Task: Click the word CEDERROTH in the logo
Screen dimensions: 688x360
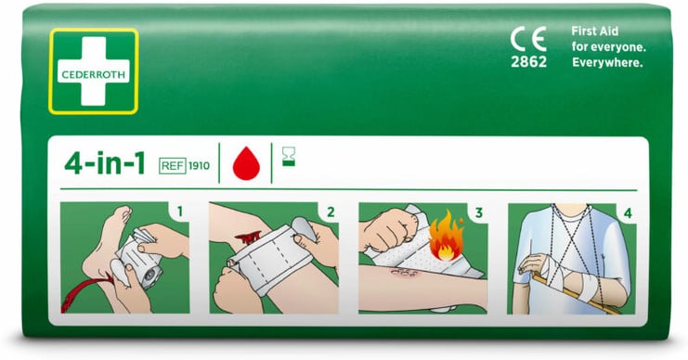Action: click(x=94, y=74)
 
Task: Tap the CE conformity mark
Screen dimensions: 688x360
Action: click(x=528, y=39)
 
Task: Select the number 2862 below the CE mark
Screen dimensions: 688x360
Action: click(x=528, y=62)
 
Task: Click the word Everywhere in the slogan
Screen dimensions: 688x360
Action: click(x=607, y=63)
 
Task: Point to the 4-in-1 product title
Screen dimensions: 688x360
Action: click(x=104, y=164)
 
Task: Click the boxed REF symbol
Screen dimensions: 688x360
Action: click(x=173, y=166)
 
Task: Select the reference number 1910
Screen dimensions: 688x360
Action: click(x=199, y=166)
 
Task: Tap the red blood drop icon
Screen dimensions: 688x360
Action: click(x=246, y=163)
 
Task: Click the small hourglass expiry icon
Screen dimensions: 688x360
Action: click(x=289, y=157)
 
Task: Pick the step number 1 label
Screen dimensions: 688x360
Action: click(x=180, y=212)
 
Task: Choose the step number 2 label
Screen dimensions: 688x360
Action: click(x=331, y=212)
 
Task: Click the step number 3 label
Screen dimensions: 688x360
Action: click(x=479, y=212)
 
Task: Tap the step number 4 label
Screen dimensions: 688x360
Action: click(x=628, y=213)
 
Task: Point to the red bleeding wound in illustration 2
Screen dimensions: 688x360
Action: click(x=248, y=238)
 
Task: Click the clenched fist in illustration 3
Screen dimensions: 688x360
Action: click(x=385, y=230)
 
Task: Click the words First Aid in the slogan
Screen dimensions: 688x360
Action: click(x=595, y=32)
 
